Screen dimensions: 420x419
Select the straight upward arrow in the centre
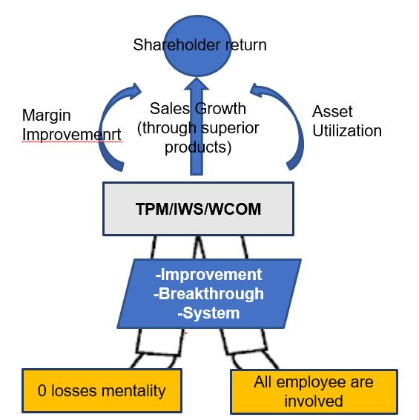click(x=197, y=141)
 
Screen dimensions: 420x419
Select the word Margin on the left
click(x=46, y=115)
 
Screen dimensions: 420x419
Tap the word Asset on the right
click(x=332, y=112)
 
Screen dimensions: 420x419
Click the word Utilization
click(x=346, y=131)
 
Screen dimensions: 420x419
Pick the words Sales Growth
click(x=197, y=109)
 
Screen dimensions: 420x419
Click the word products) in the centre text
click(x=199, y=147)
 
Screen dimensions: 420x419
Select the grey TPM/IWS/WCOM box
click(x=197, y=210)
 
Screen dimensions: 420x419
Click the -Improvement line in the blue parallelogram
click(x=208, y=275)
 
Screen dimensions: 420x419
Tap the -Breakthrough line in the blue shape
click(x=208, y=294)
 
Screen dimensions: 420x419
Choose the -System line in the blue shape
click(x=208, y=313)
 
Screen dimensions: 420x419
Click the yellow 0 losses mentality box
click(x=101, y=390)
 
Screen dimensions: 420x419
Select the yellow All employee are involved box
click(x=314, y=391)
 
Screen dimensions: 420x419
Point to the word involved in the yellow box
click(x=314, y=401)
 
